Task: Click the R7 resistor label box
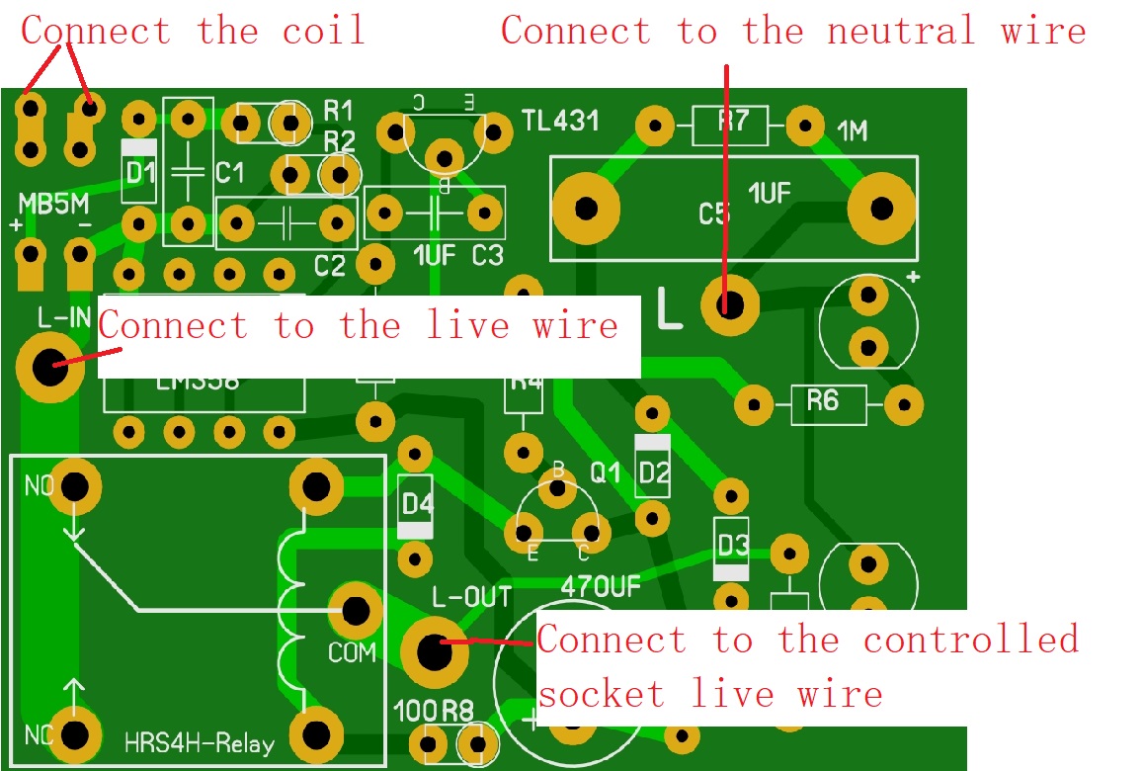coord(732,125)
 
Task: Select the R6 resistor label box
coord(827,402)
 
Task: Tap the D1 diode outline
coord(139,172)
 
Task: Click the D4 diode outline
coord(416,505)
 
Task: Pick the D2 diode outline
coord(653,468)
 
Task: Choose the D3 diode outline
coord(731,547)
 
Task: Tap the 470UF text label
coord(601,586)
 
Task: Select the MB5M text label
coord(53,204)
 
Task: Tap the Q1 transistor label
coord(606,473)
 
